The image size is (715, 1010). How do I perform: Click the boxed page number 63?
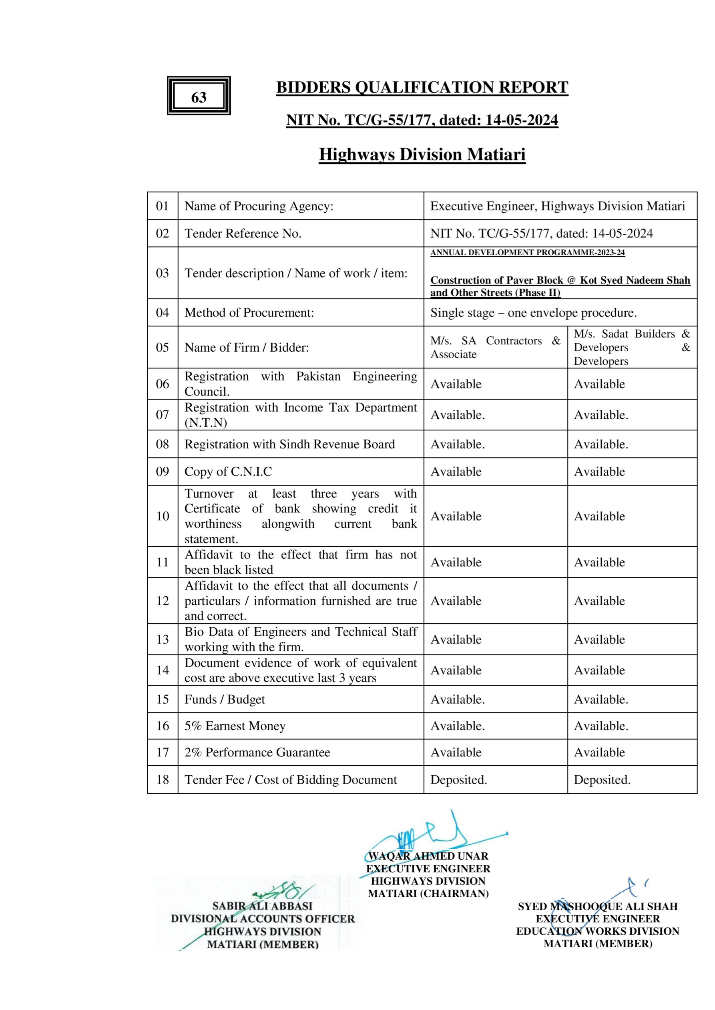coord(199,97)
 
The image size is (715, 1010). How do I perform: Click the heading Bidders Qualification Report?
coord(422,88)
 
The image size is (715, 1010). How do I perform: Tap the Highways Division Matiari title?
coord(422,154)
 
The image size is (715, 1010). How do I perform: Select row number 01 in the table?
coord(163,206)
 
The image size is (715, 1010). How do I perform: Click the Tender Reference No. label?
coord(243,233)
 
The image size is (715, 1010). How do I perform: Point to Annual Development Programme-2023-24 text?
coord(528,252)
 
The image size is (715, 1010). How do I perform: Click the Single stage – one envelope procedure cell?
coord(533,313)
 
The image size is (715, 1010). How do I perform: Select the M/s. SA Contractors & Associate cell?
coord(495,347)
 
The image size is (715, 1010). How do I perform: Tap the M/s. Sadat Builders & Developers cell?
coord(631,347)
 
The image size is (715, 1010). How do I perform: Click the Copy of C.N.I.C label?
coord(228,472)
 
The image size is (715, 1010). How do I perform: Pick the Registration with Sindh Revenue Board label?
coord(289,444)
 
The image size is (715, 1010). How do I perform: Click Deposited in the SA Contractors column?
coord(458,780)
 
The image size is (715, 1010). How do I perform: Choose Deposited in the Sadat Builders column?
coord(602,780)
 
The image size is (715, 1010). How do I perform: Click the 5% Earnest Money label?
coord(235,726)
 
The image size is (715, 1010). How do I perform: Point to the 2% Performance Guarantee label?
coord(257,752)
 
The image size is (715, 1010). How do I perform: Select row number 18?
coord(163,780)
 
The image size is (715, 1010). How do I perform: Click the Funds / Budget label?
coord(225,700)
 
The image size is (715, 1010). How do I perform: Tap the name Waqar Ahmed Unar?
coord(428,856)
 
